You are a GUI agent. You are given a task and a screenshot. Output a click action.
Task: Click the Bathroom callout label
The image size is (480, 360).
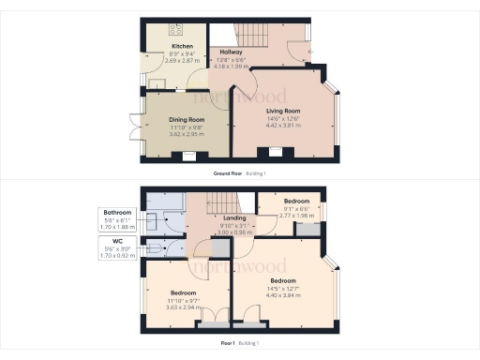pyautogui.click(x=118, y=213)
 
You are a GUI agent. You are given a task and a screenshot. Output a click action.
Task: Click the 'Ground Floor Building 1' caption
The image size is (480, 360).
pyautogui.click(x=239, y=174)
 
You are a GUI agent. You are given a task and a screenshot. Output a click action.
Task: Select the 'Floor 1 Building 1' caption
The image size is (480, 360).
pyautogui.click(x=239, y=343)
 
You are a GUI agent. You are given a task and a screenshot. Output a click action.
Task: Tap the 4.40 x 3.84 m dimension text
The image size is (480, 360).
pyautogui.click(x=282, y=295)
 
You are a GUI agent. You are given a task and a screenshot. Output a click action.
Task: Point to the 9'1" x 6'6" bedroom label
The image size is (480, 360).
pyautogui.click(x=297, y=202)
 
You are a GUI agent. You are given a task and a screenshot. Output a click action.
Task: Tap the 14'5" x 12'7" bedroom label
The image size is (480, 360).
pyautogui.click(x=282, y=281)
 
